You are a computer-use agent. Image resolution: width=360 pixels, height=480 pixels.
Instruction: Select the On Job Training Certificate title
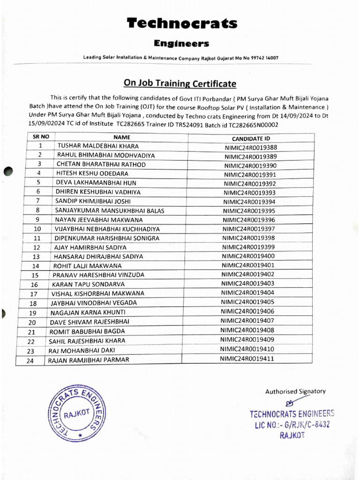[x=180, y=84]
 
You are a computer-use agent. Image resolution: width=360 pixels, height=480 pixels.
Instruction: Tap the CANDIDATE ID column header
[x=251, y=139]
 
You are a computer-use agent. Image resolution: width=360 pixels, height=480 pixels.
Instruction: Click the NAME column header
[x=121, y=137]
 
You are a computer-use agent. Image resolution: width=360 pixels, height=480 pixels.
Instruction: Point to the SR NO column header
[x=41, y=137]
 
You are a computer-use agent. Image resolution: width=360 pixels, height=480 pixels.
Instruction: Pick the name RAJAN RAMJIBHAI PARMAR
[x=89, y=360]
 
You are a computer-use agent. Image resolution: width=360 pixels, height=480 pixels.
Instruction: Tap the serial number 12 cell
[x=36, y=247]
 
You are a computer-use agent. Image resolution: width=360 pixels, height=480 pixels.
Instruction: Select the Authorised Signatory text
[x=295, y=391]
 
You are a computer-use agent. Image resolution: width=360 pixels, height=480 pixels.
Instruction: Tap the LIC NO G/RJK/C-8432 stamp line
[x=290, y=424]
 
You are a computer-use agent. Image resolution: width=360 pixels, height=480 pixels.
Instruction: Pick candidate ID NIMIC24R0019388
[x=250, y=147]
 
